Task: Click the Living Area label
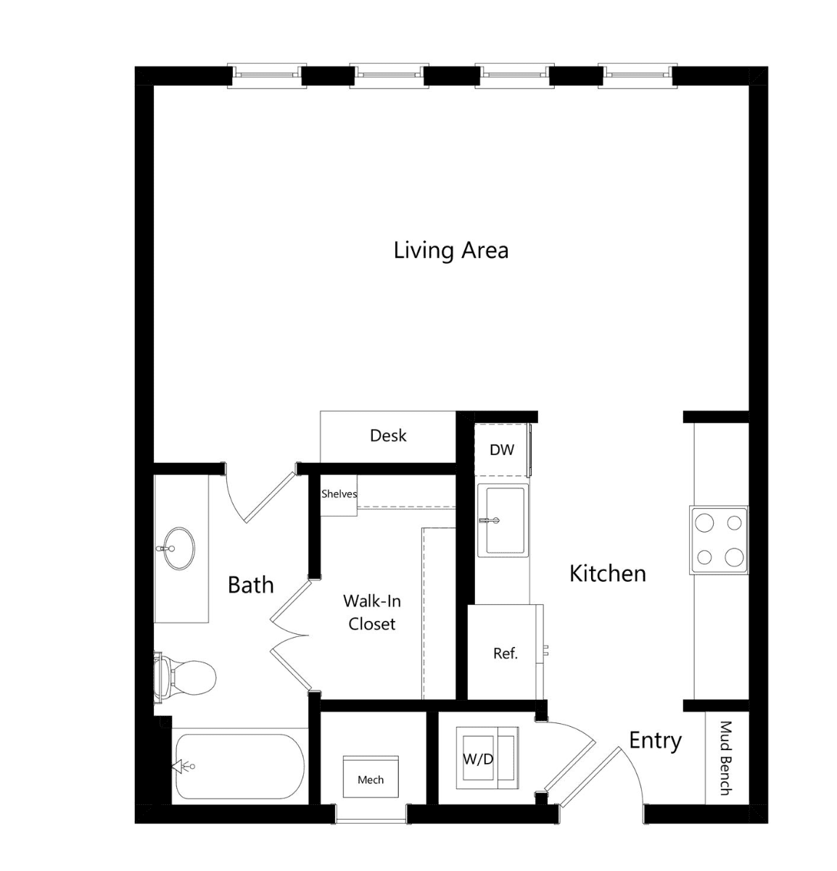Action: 450,250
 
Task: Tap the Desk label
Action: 388,435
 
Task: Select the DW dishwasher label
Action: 502,450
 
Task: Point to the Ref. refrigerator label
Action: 506,654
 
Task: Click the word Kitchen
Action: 608,573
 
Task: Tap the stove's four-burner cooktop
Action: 719,541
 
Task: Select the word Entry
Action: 655,741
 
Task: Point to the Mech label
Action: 371,780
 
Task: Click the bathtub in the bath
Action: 240,766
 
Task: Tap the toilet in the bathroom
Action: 185,678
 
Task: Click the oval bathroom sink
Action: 178,549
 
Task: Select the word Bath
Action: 250,585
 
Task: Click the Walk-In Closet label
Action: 372,612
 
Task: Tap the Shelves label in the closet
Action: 339,493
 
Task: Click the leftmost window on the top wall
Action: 267,75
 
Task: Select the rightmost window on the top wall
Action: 638,75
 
